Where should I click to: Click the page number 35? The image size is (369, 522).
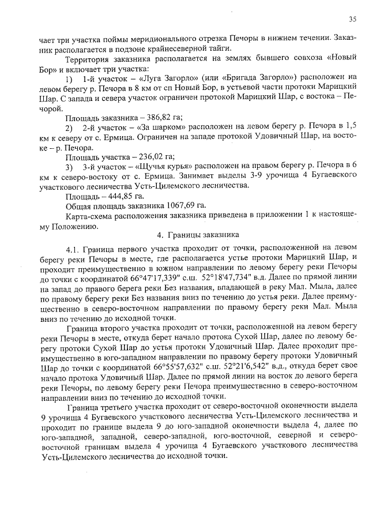(x=352, y=19)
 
